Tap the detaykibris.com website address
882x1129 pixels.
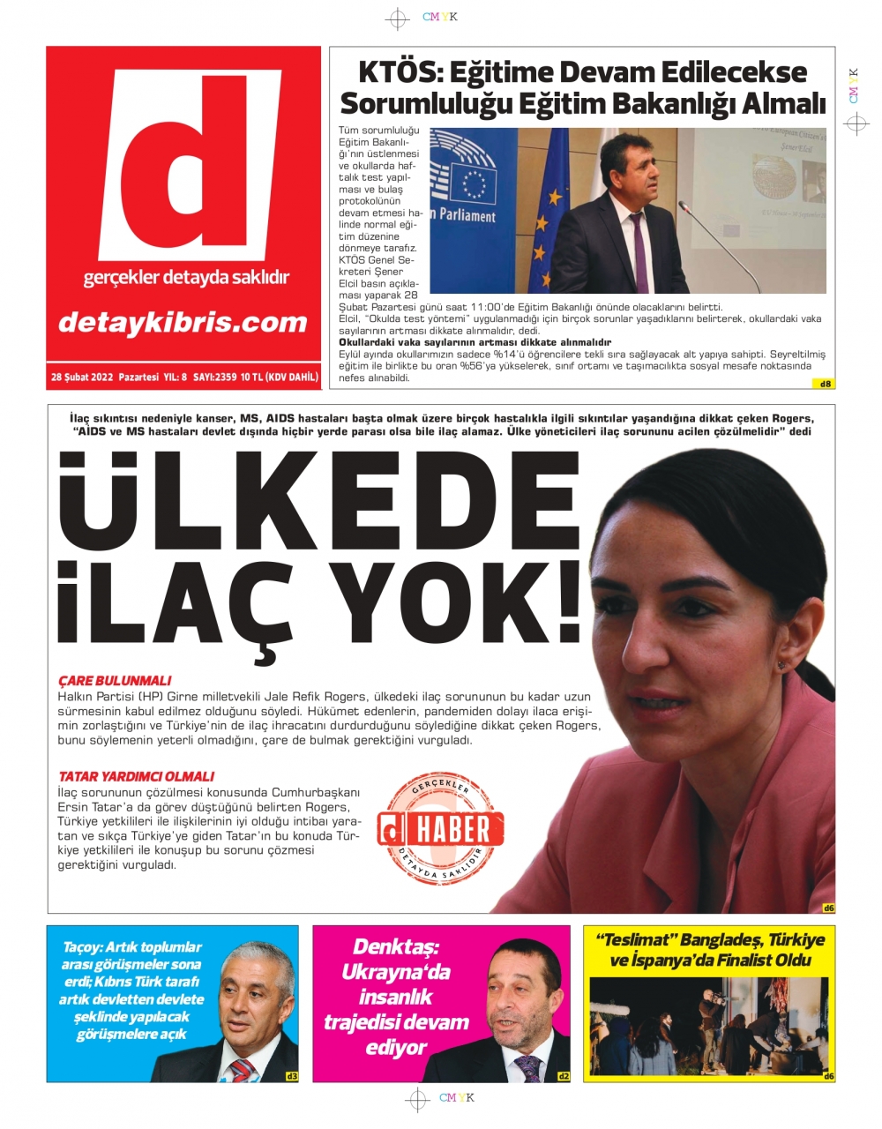coord(183,323)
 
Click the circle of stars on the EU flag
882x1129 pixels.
coord(475,184)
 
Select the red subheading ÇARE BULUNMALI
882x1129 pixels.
coord(115,681)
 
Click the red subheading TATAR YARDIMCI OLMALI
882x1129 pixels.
coord(136,776)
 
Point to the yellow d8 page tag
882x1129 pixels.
coord(826,384)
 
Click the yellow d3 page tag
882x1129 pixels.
coord(292,1076)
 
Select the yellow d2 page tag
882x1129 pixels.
coord(564,1076)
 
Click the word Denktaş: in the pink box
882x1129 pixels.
coord(395,947)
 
